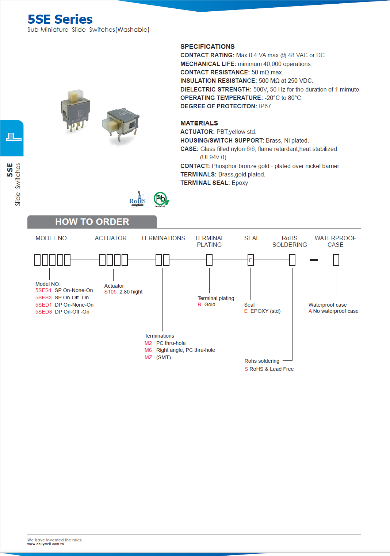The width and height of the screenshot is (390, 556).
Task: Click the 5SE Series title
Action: click(x=60, y=19)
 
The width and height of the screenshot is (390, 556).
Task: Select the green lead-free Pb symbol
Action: click(x=160, y=199)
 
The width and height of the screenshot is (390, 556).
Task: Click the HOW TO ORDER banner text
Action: click(x=92, y=222)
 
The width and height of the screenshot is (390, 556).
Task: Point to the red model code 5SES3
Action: click(x=43, y=298)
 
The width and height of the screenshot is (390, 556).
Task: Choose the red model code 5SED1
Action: click(x=43, y=305)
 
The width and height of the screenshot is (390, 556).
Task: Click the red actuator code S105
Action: click(x=110, y=292)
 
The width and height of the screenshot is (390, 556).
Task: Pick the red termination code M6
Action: click(x=148, y=350)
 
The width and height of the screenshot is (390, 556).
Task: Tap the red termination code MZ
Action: click(x=148, y=357)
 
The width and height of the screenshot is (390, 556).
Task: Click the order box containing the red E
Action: click(x=251, y=260)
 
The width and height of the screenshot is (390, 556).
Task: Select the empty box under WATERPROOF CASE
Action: click(x=336, y=260)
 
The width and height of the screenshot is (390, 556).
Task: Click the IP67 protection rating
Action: click(x=265, y=106)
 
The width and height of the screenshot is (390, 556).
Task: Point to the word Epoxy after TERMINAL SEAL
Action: click(x=240, y=183)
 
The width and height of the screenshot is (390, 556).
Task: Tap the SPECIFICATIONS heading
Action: click(x=207, y=46)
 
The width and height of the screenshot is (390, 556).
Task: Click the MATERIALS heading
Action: click(x=199, y=123)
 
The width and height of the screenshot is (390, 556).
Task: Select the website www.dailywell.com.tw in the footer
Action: click(x=46, y=544)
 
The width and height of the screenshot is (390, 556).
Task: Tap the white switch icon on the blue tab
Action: click(x=14, y=137)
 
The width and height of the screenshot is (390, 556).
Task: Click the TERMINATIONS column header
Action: click(x=163, y=238)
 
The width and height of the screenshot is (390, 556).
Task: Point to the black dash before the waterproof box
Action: click(x=314, y=260)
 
